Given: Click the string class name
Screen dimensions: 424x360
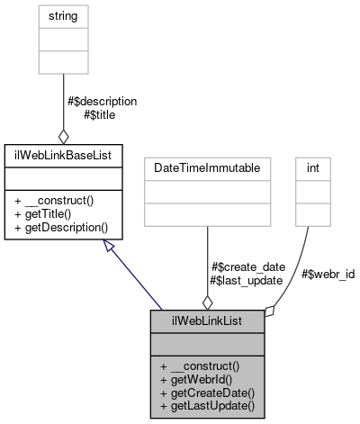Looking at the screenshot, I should point(63,16).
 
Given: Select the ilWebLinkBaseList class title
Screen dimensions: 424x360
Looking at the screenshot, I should point(63,151).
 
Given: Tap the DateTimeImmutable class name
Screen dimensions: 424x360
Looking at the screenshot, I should point(208,168).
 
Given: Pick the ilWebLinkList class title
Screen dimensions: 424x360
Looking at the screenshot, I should point(208,320).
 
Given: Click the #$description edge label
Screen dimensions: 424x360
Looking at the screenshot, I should point(102,101).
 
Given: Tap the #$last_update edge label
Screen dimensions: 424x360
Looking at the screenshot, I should point(246,280).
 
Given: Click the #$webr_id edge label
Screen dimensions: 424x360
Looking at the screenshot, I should point(328,274).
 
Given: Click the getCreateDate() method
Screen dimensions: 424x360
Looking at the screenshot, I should point(208,392).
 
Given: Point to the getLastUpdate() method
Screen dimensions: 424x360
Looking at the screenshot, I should point(208,406).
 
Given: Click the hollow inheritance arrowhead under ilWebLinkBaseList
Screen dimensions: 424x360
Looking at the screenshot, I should point(109,245).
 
